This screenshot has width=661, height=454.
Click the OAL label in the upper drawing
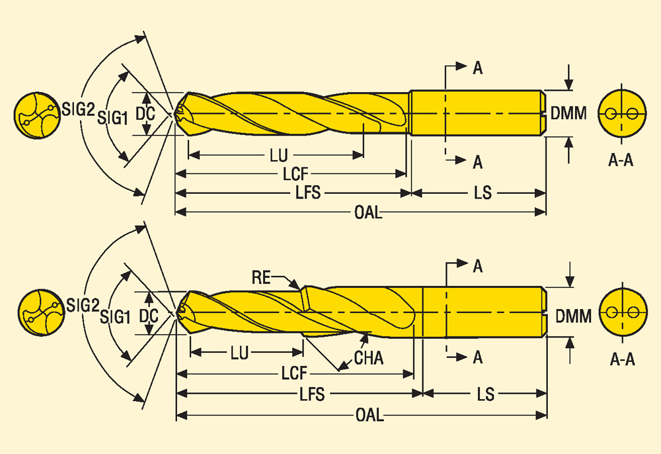point(368,212)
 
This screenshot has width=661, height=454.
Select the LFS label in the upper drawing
point(308,193)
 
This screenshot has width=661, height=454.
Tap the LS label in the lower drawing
point(486,394)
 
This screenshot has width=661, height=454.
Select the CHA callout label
point(369,359)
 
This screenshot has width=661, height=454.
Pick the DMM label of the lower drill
point(573,317)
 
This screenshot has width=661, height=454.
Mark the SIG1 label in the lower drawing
point(114,317)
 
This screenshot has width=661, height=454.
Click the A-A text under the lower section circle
point(622,360)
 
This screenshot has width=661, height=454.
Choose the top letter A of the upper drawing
point(477,67)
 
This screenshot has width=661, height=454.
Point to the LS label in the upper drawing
point(483,193)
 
